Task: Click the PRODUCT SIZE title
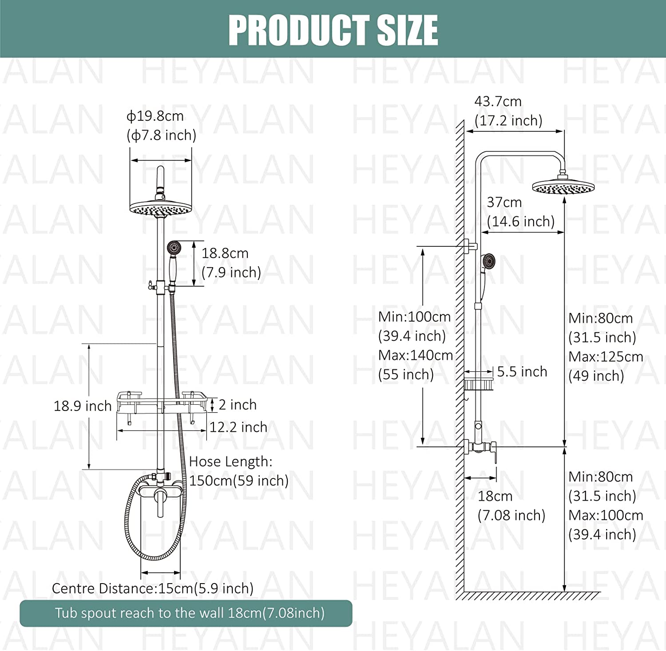pos(333,30)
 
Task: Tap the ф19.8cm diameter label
pos(161,126)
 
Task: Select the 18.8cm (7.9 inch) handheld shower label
pos(231,263)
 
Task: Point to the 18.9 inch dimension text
pos(83,406)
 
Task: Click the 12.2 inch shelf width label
pos(238,427)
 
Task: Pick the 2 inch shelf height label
pos(238,405)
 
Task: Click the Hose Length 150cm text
pos(239,471)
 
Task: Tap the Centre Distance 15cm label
pos(153,588)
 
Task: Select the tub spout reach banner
pos(186,613)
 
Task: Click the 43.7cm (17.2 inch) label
pos(508,111)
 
